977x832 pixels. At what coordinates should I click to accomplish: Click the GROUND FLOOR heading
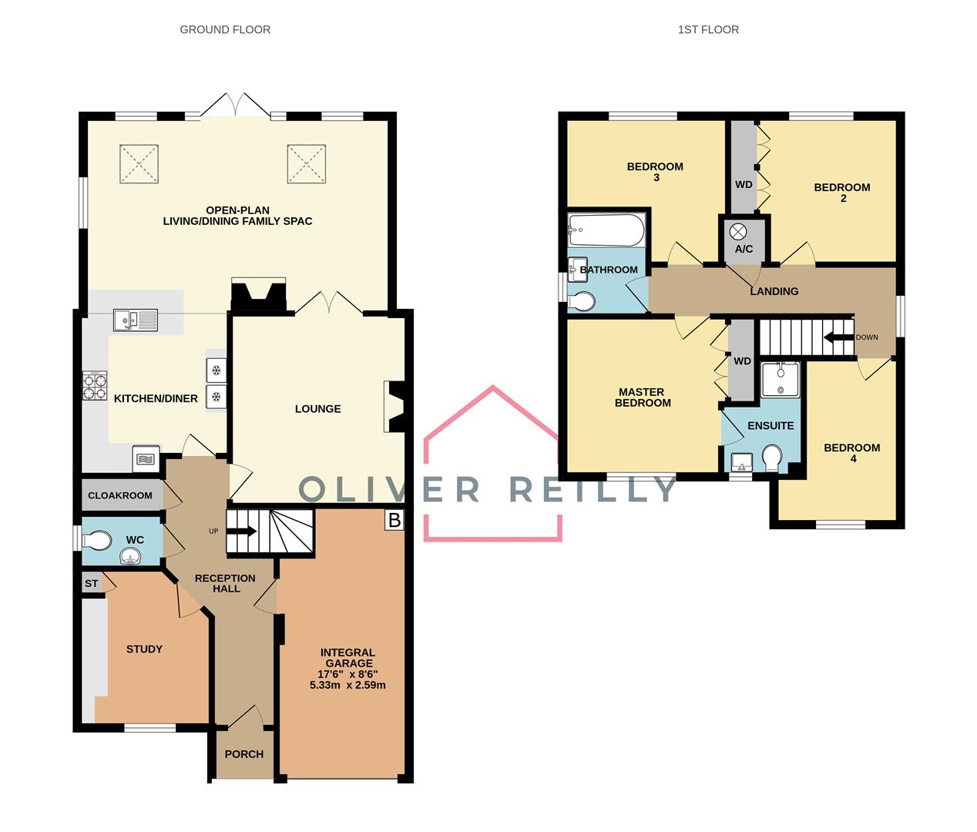pos(225,29)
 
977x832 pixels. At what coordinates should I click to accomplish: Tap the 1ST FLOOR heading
pos(707,29)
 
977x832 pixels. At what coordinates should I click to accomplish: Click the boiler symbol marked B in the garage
pos(394,520)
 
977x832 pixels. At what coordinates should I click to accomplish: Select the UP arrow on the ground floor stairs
pos(245,531)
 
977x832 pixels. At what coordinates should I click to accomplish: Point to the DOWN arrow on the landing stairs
pos(837,337)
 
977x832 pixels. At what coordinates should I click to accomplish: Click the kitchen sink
pos(135,319)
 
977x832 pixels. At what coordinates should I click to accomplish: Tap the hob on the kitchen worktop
pos(95,387)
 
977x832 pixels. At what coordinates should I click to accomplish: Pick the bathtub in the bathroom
pos(606,228)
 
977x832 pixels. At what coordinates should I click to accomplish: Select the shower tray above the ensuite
pos(780,379)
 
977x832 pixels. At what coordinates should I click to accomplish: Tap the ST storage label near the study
pos(92,583)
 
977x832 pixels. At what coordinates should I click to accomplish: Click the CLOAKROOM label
pos(120,495)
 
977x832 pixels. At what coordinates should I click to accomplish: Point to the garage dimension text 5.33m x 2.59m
pos(347,684)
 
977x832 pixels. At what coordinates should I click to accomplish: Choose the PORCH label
pos(243,754)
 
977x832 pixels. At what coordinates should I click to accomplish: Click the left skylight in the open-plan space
pos(139,164)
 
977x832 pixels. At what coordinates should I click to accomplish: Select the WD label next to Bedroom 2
pos(744,185)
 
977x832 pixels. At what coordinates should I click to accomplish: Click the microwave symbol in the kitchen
pos(146,458)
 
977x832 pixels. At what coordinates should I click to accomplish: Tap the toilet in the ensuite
pos(771,458)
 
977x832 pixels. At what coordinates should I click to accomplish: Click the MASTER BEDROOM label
pos(643,398)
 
